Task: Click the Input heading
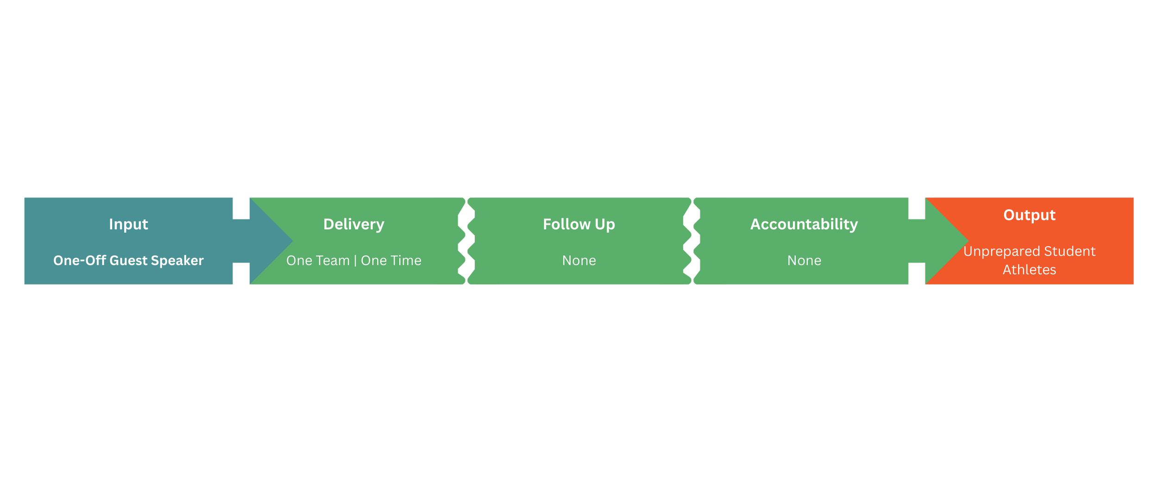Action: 128,224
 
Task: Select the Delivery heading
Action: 354,224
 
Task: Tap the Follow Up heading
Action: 579,224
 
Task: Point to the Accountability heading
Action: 804,224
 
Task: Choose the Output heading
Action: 1029,215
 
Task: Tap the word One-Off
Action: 80,261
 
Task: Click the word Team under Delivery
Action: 332,261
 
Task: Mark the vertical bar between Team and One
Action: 355,261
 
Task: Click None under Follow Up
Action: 579,261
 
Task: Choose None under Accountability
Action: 804,261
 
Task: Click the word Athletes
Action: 1029,270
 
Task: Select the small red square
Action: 241,274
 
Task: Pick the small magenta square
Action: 917,274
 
